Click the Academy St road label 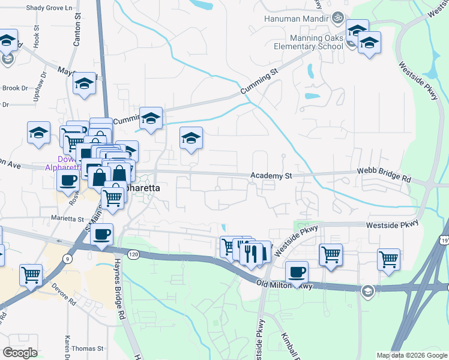[x=271, y=176]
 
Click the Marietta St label [x=67, y=219]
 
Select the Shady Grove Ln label [x=54, y=7]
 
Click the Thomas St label [x=88, y=348]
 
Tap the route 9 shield [x=68, y=259]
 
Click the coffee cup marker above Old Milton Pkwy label [x=297, y=272]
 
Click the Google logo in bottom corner [x=20, y=353]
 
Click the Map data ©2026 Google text [x=412, y=355]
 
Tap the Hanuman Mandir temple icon [x=337, y=18]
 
